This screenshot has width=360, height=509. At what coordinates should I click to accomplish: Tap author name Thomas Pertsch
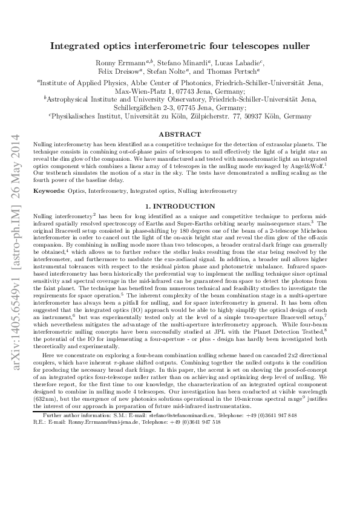pos(232,73)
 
